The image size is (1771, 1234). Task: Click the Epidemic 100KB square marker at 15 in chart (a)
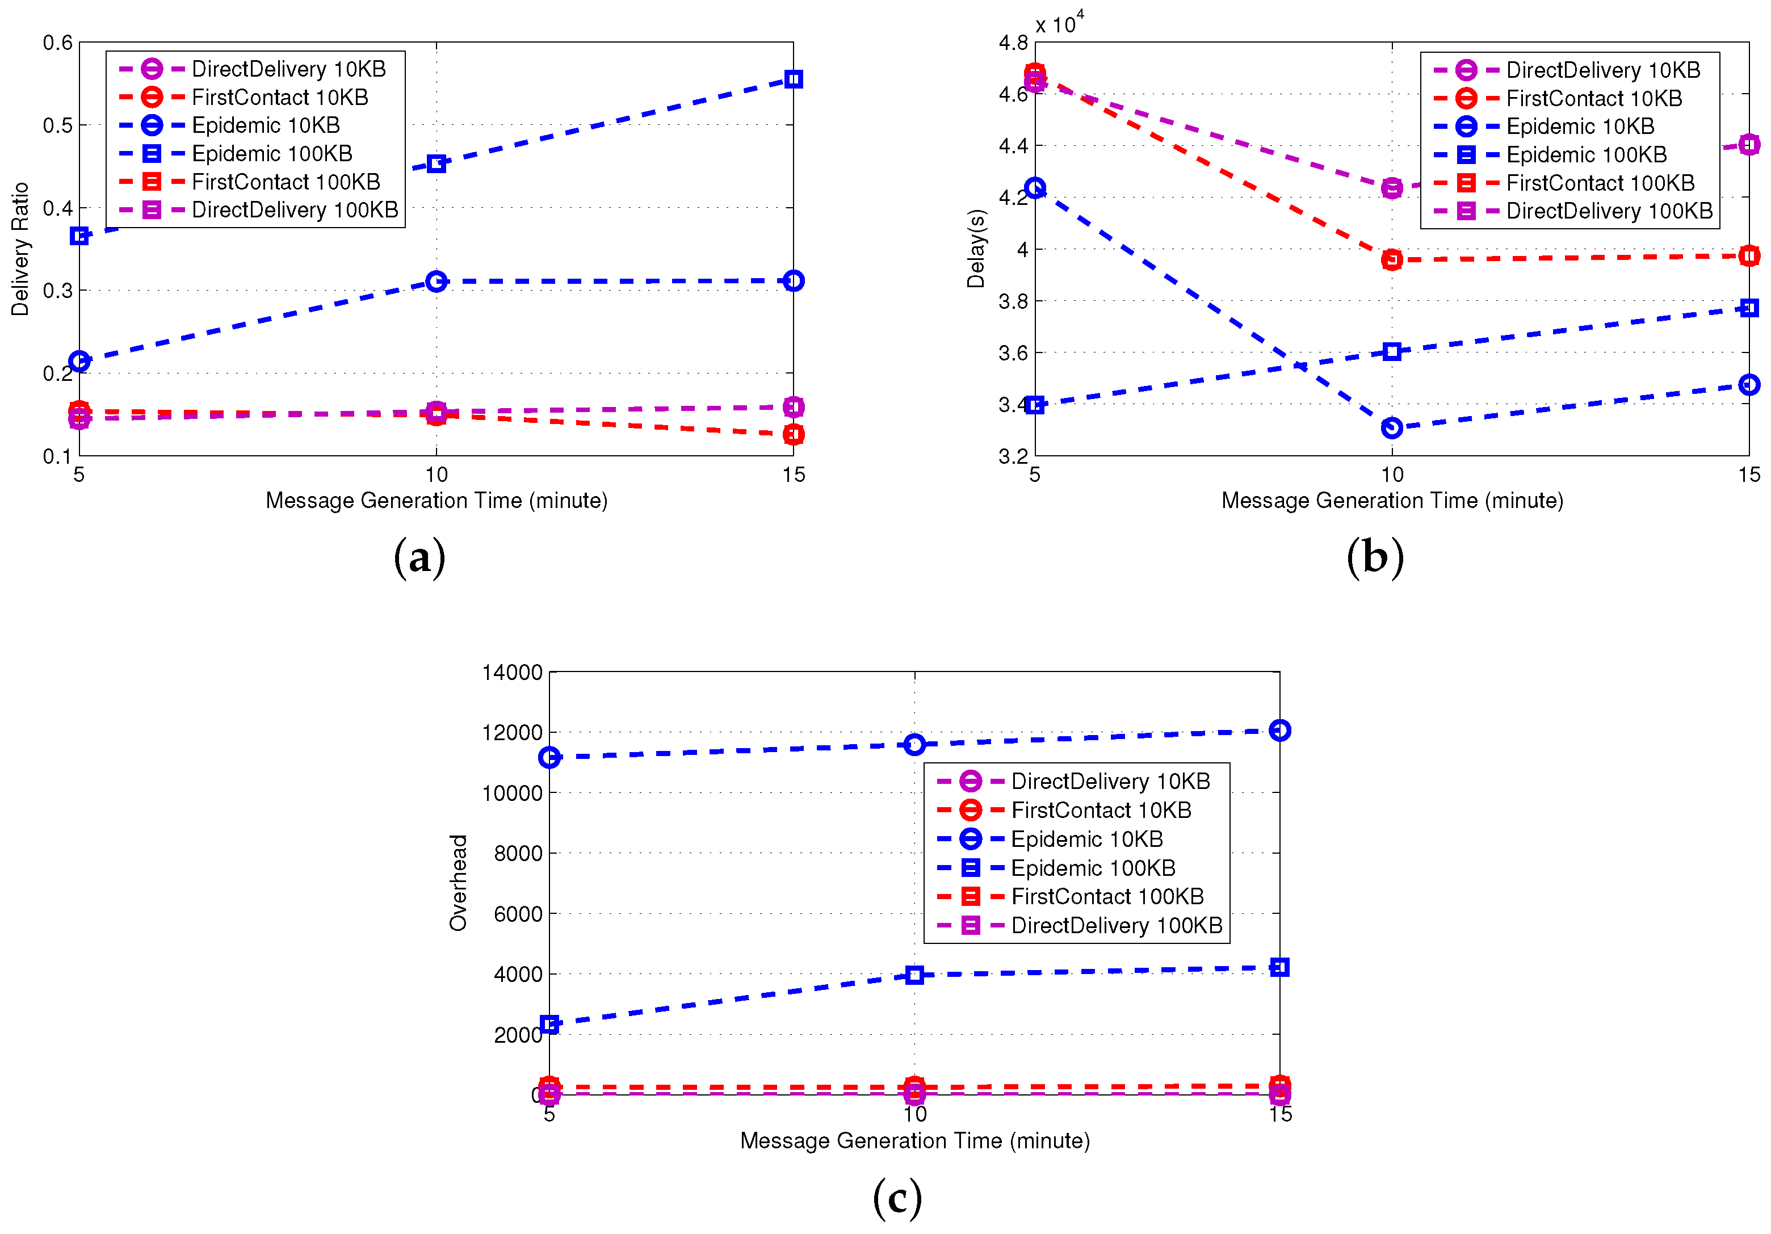coord(793,79)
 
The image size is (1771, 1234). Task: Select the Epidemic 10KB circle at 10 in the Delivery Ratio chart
coord(437,282)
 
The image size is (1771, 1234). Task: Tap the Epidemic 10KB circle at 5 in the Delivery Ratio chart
coord(79,361)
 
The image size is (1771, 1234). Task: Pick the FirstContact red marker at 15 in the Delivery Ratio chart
coord(793,435)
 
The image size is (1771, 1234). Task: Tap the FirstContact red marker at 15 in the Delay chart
coord(1749,256)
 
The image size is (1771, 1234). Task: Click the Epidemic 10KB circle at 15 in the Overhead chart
coord(1279,731)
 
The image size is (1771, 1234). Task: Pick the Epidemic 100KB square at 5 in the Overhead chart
coord(549,1024)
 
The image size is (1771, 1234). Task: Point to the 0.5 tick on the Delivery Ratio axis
coord(58,125)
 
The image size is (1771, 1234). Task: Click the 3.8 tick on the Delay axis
coord(1013,301)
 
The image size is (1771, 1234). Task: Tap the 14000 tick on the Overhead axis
coord(512,673)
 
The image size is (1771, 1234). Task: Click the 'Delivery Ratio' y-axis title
coord(20,249)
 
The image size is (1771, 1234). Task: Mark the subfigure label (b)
coord(1375,557)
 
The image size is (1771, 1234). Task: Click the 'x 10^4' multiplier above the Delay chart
coord(1059,23)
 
